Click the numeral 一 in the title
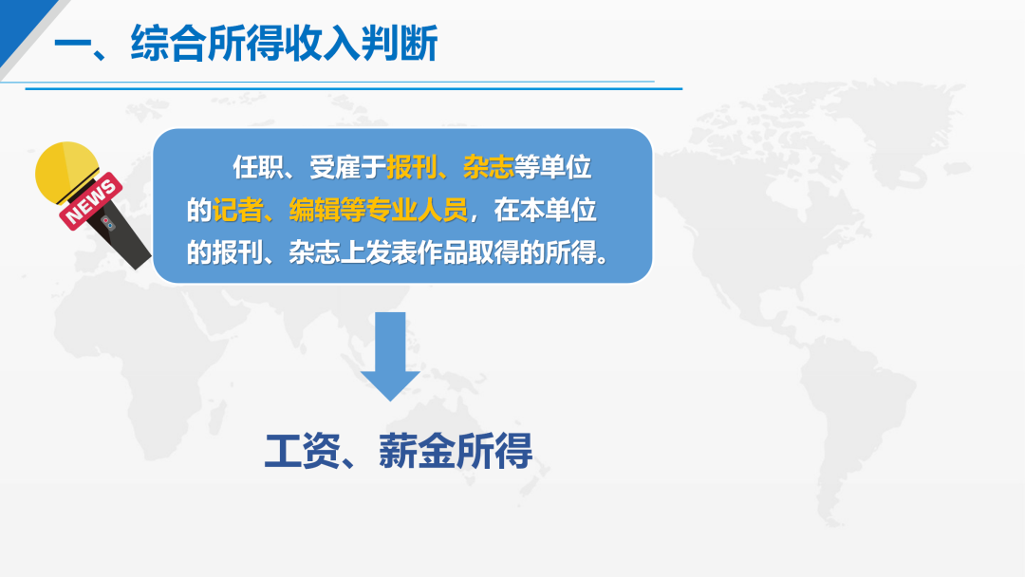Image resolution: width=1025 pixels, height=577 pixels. coord(72,46)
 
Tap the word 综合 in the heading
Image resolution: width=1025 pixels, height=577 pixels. coord(169,44)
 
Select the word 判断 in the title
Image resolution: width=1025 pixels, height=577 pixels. coord(400,44)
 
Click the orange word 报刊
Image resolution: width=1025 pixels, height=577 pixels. coord(411,167)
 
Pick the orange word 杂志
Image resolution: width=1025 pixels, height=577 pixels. coord(488,167)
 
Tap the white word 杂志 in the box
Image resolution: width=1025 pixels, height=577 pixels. coord(314,252)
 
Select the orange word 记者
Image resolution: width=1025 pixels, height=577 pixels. coord(238,210)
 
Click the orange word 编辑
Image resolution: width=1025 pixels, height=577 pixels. coord(314,210)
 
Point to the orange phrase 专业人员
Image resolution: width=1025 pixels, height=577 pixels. coord(417,210)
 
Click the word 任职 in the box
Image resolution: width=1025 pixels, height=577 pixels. coord(258,167)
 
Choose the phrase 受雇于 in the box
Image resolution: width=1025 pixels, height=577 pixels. coord(347,167)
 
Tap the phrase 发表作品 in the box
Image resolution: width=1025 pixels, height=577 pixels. coord(417,252)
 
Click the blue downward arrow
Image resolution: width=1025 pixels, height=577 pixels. coord(390,356)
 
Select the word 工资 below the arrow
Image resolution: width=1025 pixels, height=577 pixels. coord(303,451)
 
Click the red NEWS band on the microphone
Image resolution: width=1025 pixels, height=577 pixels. coord(91,200)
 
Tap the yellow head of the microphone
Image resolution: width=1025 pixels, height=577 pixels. coord(66,172)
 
